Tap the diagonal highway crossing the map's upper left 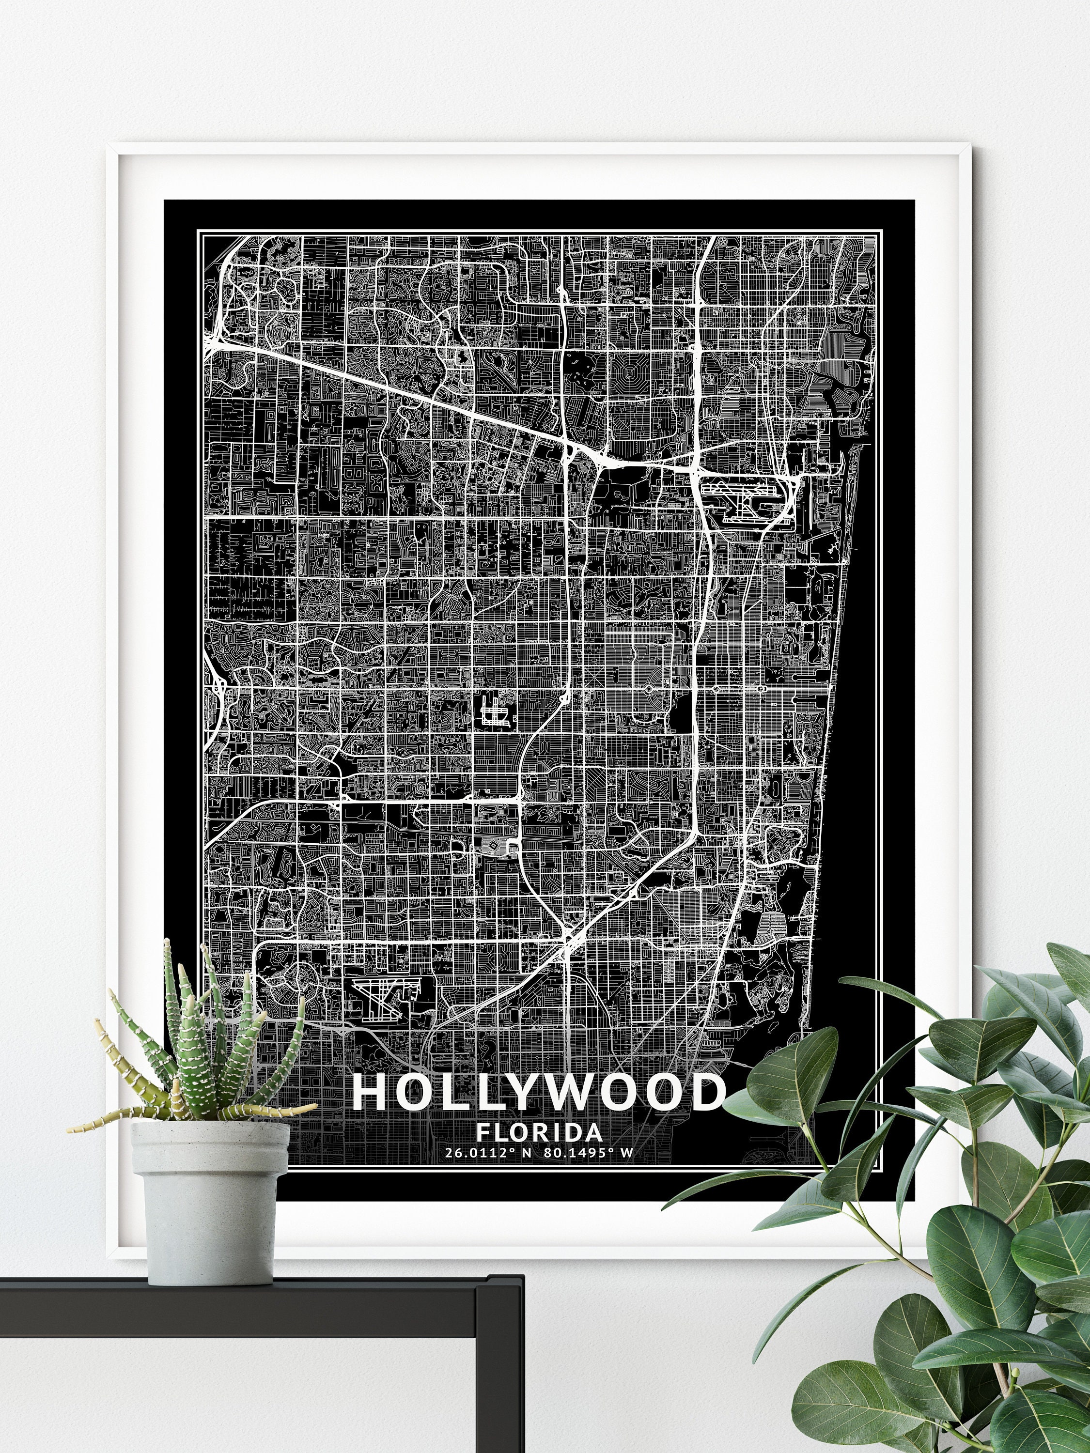(x=394, y=387)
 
